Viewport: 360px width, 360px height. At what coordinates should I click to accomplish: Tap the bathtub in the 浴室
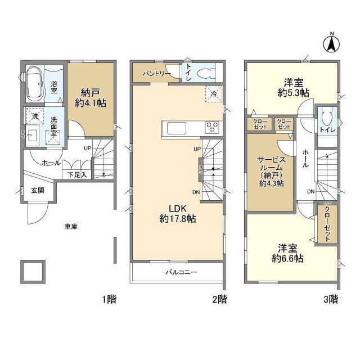click(34, 84)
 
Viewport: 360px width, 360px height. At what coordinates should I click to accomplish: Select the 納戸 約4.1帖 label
click(91, 98)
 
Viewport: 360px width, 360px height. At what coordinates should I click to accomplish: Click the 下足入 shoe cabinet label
click(77, 175)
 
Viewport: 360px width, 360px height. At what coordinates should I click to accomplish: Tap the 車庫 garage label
click(70, 227)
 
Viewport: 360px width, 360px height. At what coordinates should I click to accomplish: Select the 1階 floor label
click(109, 299)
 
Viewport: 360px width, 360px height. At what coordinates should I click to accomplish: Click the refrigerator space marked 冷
click(214, 94)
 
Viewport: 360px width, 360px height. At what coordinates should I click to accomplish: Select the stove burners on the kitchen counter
click(212, 127)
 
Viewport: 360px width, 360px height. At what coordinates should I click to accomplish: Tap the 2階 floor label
click(219, 299)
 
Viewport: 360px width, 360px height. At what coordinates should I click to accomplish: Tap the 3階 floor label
click(331, 299)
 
